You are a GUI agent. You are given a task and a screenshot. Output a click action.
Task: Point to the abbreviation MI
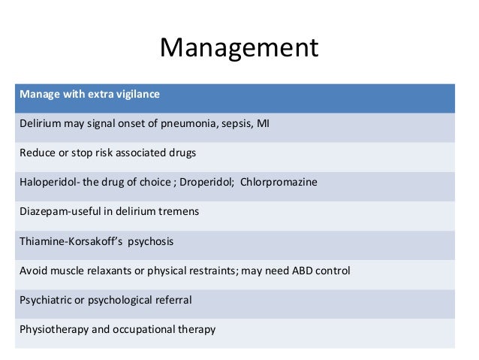(263, 124)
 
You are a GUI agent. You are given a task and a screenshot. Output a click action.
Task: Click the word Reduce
(36, 153)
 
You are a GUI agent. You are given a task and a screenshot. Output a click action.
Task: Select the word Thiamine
(40, 241)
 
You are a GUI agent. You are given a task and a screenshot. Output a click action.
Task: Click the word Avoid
(32, 271)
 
